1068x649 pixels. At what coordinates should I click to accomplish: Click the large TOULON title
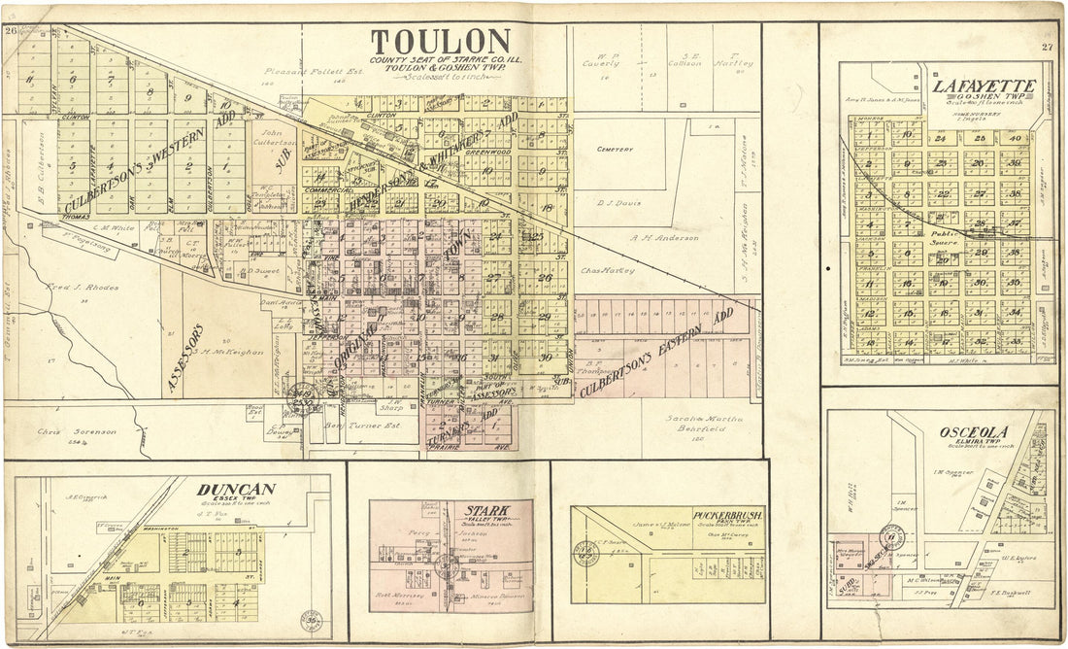(440, 42)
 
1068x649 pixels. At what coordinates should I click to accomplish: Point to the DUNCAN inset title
(236, 490)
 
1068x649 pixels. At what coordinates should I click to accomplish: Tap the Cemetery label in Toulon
(616, 150)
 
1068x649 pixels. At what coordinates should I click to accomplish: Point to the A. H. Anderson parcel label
(664, 238)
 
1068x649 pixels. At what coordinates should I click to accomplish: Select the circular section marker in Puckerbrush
(586, 552)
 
